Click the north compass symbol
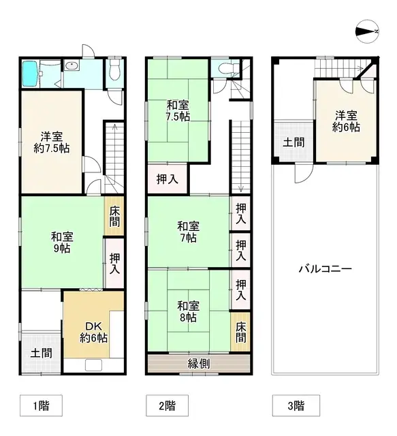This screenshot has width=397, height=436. (x=368, y=31)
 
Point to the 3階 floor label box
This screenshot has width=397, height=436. (x=295, y=406)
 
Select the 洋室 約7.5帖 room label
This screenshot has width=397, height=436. (x=51, y=141)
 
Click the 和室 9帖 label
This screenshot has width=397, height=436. (x=61, y=243)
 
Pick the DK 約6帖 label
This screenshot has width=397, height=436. (x=93, y=331)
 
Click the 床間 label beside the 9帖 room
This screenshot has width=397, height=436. (x=114, y=216)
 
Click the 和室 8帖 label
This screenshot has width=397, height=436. (x=188, y=311)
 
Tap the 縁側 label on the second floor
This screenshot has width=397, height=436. (x=198, y=363)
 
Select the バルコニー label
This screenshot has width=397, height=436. (x=325, y=269)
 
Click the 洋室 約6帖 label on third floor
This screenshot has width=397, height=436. (x=347, y=121)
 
